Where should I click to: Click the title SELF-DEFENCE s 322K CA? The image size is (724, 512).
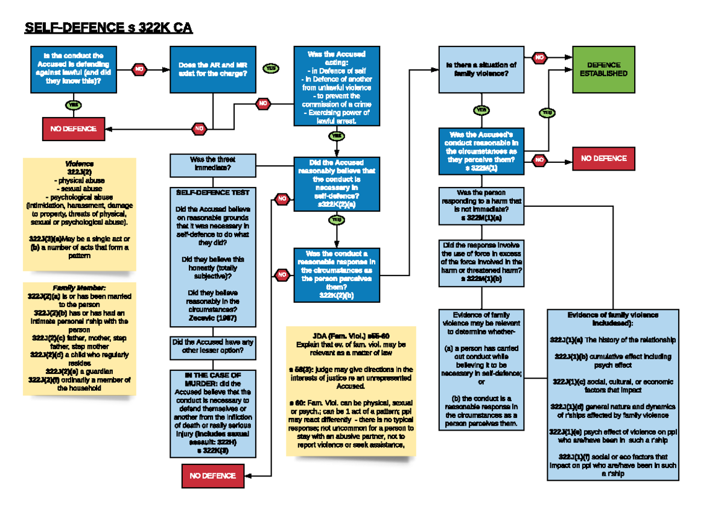pyautogui.click(x=108, y=28)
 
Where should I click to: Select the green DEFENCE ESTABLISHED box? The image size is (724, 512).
pyautogui.click(x=603, y=69)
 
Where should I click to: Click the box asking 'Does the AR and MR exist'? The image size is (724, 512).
pyautogui.click(x=212, y=69)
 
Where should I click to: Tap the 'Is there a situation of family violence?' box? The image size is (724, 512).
pyautogui.click(x=481, y=69)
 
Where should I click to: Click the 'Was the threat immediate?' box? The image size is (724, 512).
pyautogui.click(x=213, y=163)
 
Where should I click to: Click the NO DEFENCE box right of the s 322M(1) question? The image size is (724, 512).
pyautogui.click(x=603, y=159)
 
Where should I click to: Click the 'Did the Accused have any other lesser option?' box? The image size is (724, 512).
pyautogui.click(x=212, y=346)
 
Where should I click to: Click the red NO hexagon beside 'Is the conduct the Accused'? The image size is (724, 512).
pyautogui.click(x=139, y=69)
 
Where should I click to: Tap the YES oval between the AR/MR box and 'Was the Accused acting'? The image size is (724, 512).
pyautogui.click(x=271, y=69)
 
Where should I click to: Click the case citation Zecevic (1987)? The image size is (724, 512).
pyautogui.click(x=212, y=318)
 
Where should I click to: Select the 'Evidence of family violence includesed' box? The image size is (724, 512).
pyautogui.click(x=612, y=395)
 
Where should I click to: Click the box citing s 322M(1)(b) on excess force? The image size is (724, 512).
pyautogui.click(x=481, y=262)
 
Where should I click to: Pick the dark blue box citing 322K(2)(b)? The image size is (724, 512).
pyautogui.click(x=337, y=274)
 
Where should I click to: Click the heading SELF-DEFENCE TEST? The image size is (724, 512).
pyautogui.click(x=212, y=192)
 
